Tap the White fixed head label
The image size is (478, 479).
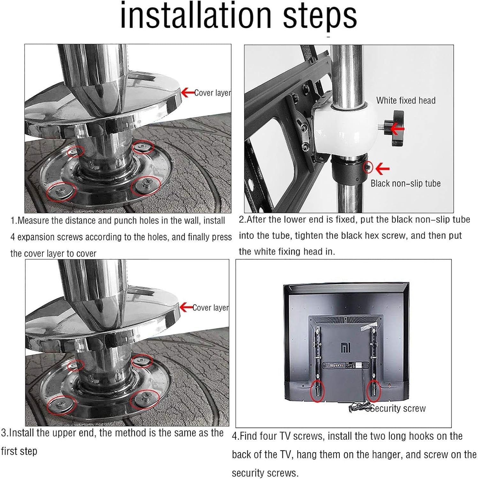point(406,101)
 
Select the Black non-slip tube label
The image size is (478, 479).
point(406,183)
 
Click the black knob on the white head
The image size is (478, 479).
point(395,127)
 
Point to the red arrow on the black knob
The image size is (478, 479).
point(398,129)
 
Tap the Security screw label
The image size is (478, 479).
point(398,408)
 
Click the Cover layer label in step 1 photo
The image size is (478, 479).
point(212,93)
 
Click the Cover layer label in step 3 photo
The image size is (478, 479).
point(211,308)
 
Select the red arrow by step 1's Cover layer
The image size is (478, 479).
point(187,93)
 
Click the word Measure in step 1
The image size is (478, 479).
point(33,221)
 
